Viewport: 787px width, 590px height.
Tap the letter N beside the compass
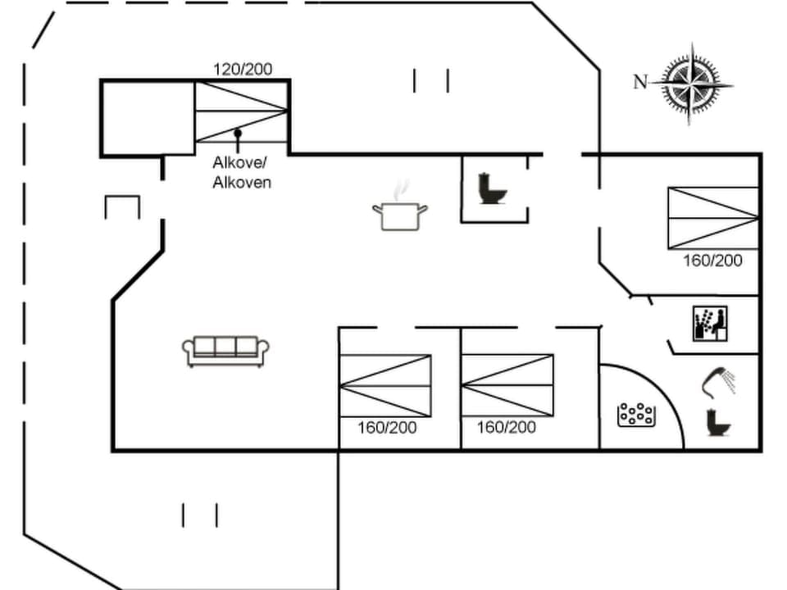click(640, 81)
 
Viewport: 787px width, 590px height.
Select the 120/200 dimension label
click(243, 70)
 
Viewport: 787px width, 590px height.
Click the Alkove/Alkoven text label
click(242, 172)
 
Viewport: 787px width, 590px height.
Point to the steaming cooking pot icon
click(400, 211)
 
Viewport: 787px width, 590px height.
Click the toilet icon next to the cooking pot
click(493, 188)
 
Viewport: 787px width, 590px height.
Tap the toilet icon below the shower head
click(719, 422)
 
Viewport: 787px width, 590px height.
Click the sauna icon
click(710, 324)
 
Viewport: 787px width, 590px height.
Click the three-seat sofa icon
click(225, 351)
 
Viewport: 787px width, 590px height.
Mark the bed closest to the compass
click(712, 217)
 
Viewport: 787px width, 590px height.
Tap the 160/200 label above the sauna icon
click(712, 261)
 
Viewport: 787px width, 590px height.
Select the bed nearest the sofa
click(385, 385)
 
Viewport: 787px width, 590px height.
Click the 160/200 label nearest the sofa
click(387, 428)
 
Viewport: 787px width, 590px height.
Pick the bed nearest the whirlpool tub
click(507, 385)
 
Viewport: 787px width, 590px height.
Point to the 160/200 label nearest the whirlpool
click(507, 428)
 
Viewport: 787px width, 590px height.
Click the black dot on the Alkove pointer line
click(238, 132)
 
